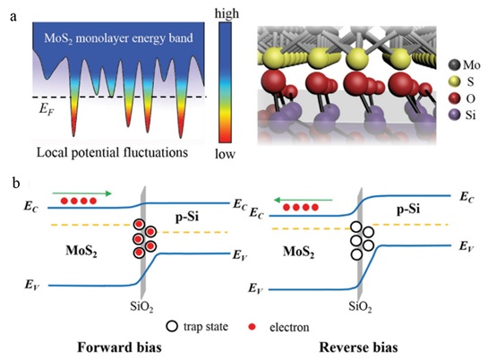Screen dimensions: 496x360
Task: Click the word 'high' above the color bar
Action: coord(227,14)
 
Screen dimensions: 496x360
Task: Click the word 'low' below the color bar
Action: coord(226,154)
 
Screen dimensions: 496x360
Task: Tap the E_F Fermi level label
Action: coord(47,109)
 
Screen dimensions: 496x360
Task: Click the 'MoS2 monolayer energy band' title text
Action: coord(118,39)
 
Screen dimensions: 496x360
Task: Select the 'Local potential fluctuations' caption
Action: coord(112,152)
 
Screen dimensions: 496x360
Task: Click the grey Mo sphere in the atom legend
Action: coord(454,64)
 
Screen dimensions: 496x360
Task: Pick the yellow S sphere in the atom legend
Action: coord(454,81)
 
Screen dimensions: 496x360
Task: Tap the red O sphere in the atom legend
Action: coord(454,99)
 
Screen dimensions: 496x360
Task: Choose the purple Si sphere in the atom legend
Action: coord(454,116)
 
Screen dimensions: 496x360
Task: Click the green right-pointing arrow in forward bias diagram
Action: coord(82,193)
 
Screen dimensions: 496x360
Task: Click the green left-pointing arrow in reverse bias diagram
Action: coord(304,200)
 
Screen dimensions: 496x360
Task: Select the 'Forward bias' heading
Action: coord(120,347)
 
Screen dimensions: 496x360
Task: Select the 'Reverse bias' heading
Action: coord(358,347)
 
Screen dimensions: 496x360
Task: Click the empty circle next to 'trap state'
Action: coord(172,326)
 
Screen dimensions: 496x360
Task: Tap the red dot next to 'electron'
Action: coord(252,327)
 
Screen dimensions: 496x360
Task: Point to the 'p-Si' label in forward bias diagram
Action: coord(187,218)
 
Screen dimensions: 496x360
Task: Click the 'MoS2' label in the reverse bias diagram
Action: coord(299,253)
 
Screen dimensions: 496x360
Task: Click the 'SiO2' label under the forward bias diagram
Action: coord(141,306)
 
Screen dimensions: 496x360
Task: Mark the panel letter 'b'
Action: coord(16,183)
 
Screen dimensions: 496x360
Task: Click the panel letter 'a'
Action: coord(13,16)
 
